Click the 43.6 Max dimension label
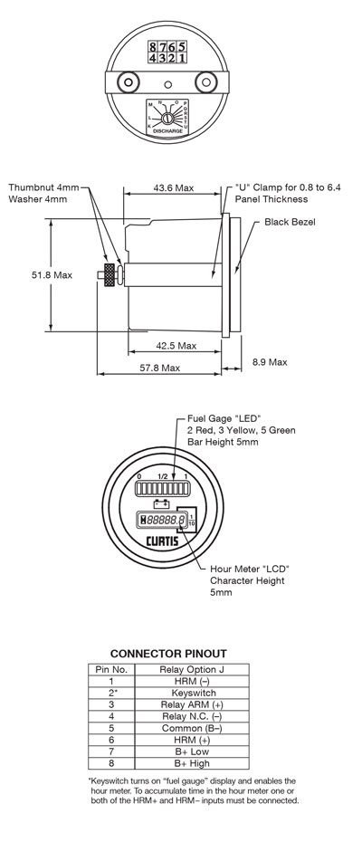(172, 187)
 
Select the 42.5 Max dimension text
(176, 345)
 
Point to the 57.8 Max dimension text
(157, 368)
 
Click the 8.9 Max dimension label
(268, 361)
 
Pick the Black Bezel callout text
(290, 221)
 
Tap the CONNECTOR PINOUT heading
(168, 653)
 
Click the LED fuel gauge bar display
(160, 488)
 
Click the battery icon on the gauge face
(163, 503)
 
